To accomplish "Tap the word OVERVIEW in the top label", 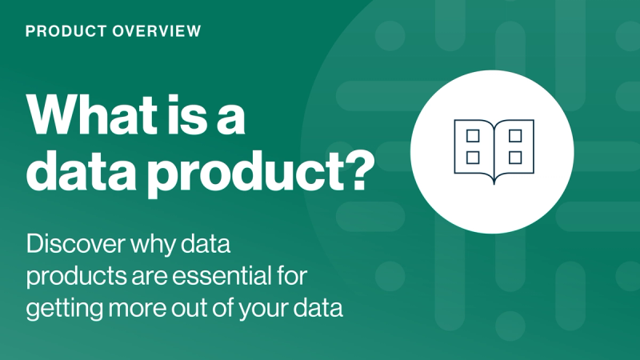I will (x=158, y=32).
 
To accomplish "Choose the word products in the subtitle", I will (x=70, y=276).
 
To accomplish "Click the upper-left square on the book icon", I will (x=472, y=135).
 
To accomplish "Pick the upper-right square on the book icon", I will (x=514, y=135).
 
